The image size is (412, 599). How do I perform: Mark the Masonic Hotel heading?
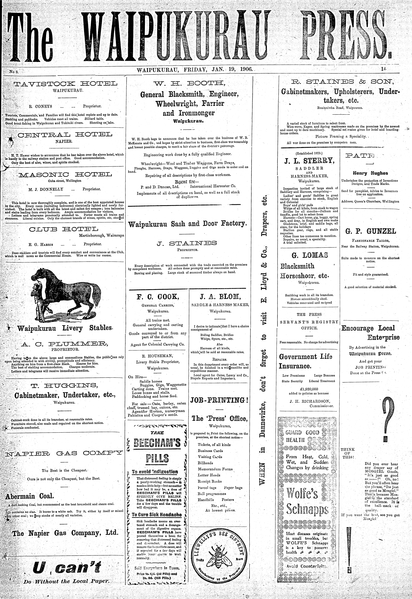click(65, 174)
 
